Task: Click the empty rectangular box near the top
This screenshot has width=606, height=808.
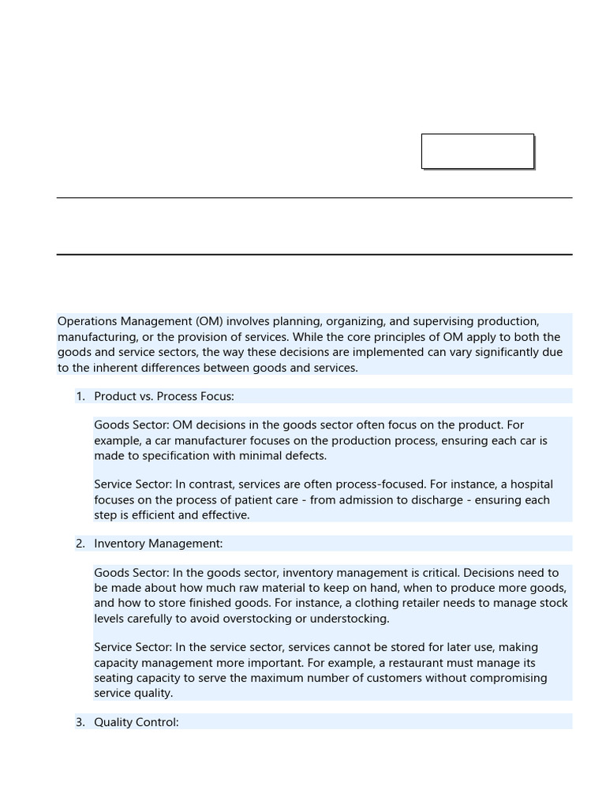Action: point(477,151)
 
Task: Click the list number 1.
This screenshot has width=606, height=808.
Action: point(80,396)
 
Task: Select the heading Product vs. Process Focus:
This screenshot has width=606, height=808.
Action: point(164,396)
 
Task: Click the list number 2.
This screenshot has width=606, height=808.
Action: point(80,544)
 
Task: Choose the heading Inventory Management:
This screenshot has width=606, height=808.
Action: point(159,544)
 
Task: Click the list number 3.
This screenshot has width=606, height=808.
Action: point(80,722)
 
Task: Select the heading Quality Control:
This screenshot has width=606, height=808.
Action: point(137,722)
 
